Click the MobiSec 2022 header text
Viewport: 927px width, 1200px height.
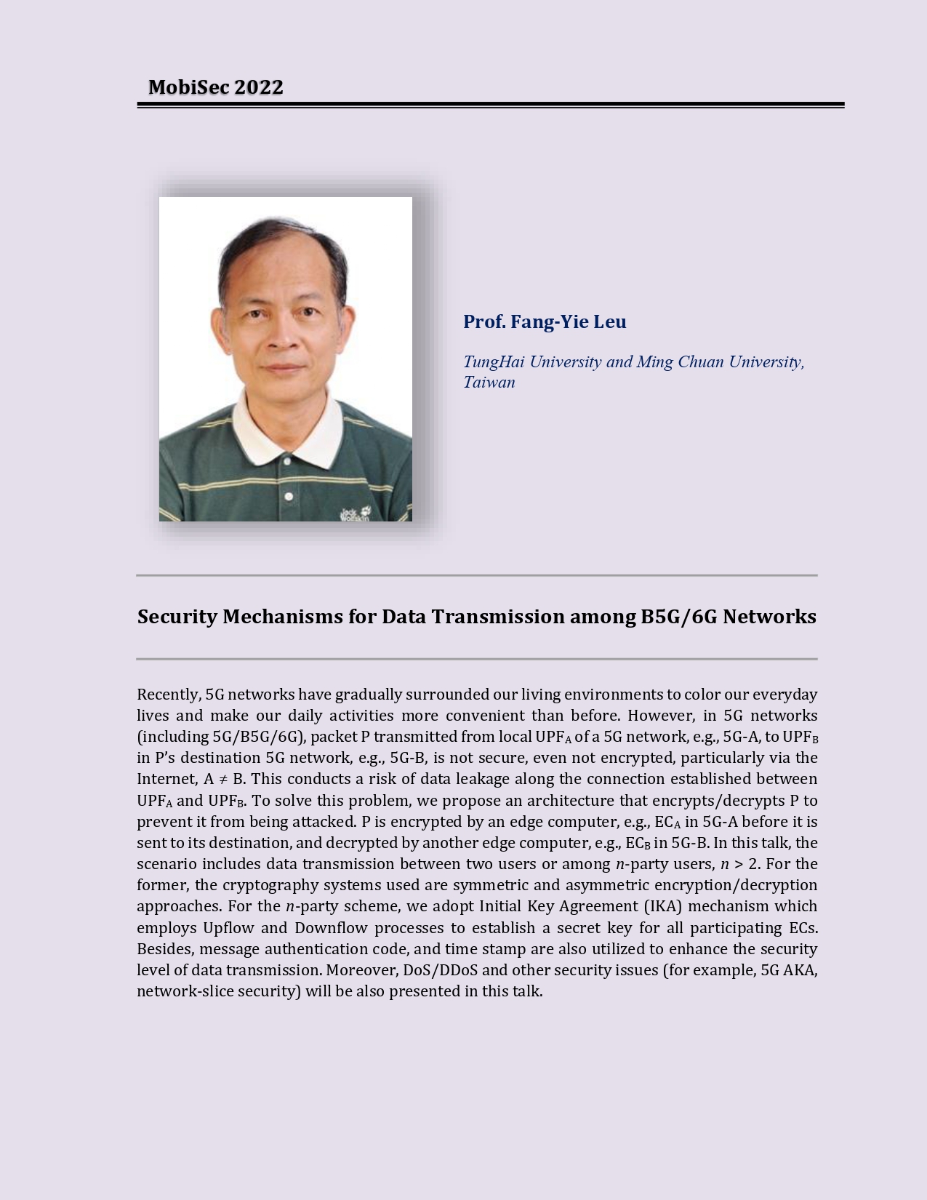215,87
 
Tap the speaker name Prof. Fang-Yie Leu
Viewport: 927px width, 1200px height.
545,321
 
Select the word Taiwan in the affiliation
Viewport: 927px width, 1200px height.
489,383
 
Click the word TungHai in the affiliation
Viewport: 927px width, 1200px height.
493,362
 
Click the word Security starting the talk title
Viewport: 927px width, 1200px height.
177,617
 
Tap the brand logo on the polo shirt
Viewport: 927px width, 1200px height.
356,513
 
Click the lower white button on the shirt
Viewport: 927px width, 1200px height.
289,497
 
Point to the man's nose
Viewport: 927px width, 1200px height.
282,338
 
